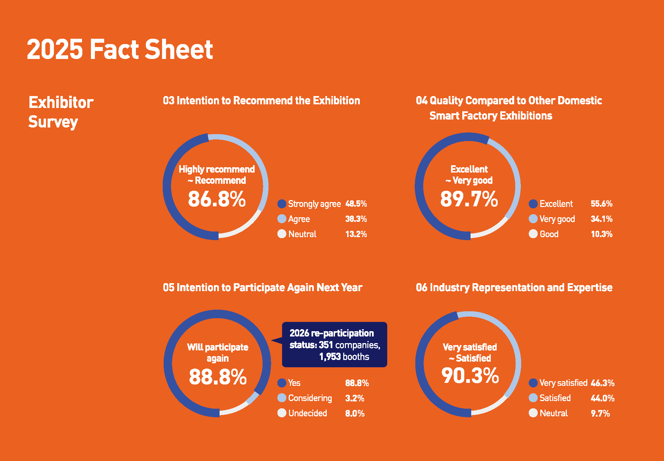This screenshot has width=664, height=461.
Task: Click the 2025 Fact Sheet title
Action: pyautogui.click(x=120, y=49)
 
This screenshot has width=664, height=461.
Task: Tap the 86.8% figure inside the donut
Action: pyautogui.click(x=217, y=199)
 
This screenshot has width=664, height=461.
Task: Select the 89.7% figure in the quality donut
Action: pyautogui.click(x=469, y=199)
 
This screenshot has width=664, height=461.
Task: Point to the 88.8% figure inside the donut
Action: pyautogui.click(x=218, y=377)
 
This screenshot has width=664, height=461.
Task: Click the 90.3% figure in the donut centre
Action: pyautogui.click(x=470, y=376)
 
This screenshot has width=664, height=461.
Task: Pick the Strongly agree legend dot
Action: pyautogui.click(x=282, y=204)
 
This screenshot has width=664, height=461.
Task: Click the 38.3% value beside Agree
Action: pyautogui.click(x=356, y=219)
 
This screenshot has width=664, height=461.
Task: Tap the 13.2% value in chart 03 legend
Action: pyautogui.click(x=356, y=234)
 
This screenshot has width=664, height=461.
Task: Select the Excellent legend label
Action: pyautogui.click(x=556, y=204)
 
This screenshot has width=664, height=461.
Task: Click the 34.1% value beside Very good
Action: pyautogui.click(x=601, y=219)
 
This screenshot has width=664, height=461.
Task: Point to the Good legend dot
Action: pyautogui.click(x=533, y=234)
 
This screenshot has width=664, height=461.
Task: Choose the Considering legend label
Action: pyautogui.click(x=310, y=398)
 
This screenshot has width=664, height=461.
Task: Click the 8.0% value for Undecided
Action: pyautogui.click(x=354, y=413)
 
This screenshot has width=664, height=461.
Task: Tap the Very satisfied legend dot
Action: pyautogui.click(x=533, y=383)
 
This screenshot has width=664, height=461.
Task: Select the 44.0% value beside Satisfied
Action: pyautogui.click(x=602, y=398)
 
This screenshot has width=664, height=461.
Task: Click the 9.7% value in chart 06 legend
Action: pyautogui.click(x=600, y=413)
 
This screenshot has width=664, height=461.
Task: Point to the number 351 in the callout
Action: pyautogui.click(x=326, y=345)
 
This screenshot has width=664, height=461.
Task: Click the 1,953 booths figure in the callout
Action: pyautogui.click(x=344, y=357)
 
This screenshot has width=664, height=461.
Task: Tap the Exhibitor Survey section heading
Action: pyautogui.click(x=61, y=112)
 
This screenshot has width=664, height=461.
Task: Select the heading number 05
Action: pyautogui.click(x=168, y=287)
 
